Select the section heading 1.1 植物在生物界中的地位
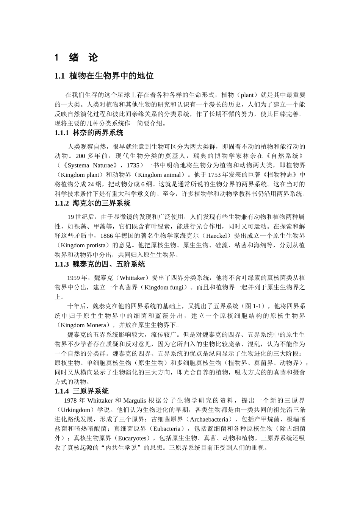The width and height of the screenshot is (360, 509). tap(104, 76)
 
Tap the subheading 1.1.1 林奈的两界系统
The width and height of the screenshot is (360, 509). tap(89, 133)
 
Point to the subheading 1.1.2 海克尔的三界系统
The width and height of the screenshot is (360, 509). tap(92, 203)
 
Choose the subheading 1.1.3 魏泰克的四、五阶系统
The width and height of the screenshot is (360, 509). tap(100, 264)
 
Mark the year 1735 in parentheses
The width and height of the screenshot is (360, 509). tap(133, 166)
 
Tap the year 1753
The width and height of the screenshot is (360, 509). tap(215, 175)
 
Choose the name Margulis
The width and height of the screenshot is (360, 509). tap(134, 401)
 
